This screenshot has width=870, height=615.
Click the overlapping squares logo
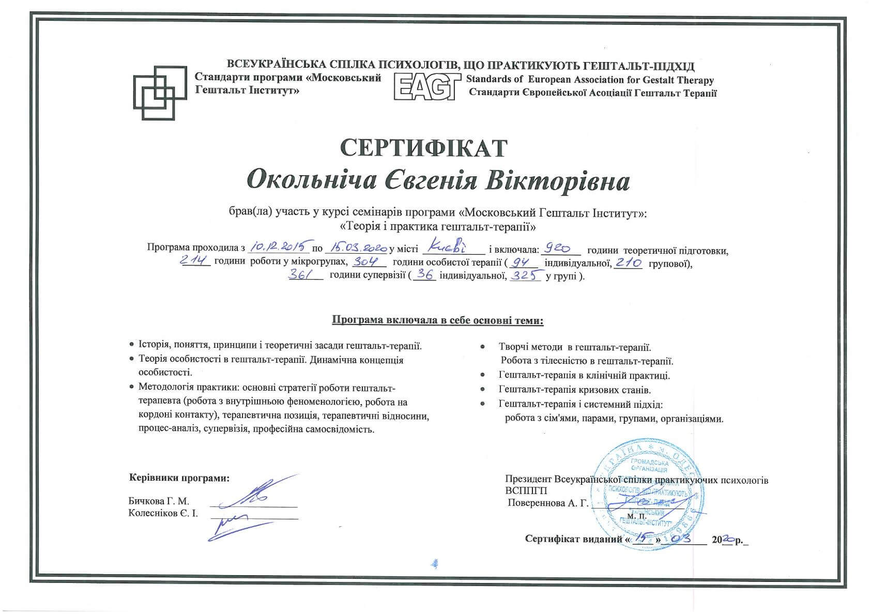tap(160, 93)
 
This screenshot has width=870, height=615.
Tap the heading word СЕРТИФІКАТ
tap(423, 148)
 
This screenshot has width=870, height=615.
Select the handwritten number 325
tap(525, 275)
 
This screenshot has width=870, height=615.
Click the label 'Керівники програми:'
tap(179, 478)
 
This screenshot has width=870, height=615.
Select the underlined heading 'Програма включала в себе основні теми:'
tap(437, 321)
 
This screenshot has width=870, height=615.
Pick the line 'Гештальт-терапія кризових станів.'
tap(575, 390)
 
